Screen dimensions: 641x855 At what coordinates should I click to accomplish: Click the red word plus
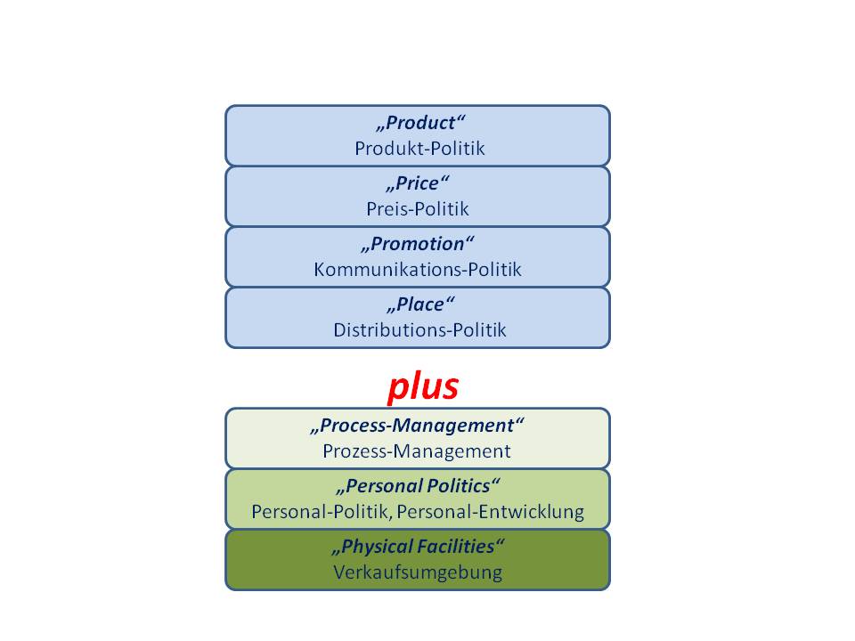422,386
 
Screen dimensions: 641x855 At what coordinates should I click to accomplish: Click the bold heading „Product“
418,124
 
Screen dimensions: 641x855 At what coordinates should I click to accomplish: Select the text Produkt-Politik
419,148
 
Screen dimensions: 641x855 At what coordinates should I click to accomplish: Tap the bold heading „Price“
418,184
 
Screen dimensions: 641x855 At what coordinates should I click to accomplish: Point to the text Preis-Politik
417,209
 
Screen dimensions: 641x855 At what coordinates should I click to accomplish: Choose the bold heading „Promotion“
418,244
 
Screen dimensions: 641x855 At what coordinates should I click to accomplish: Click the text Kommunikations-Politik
417,269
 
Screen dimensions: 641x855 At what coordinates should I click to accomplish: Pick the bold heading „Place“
418,304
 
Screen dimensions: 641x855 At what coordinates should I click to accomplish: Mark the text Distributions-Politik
419,329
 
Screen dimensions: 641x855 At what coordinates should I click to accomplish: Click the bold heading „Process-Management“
417,426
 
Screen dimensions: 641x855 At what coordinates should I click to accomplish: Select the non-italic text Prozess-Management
417,450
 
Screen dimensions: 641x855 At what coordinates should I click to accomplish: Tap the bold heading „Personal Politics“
418,486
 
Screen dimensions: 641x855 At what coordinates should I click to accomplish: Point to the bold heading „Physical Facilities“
418,547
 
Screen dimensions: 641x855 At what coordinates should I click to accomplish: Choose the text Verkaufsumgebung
418,572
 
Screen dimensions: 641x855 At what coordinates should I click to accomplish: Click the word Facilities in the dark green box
457,547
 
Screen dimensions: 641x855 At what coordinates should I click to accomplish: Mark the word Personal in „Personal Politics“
381,486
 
